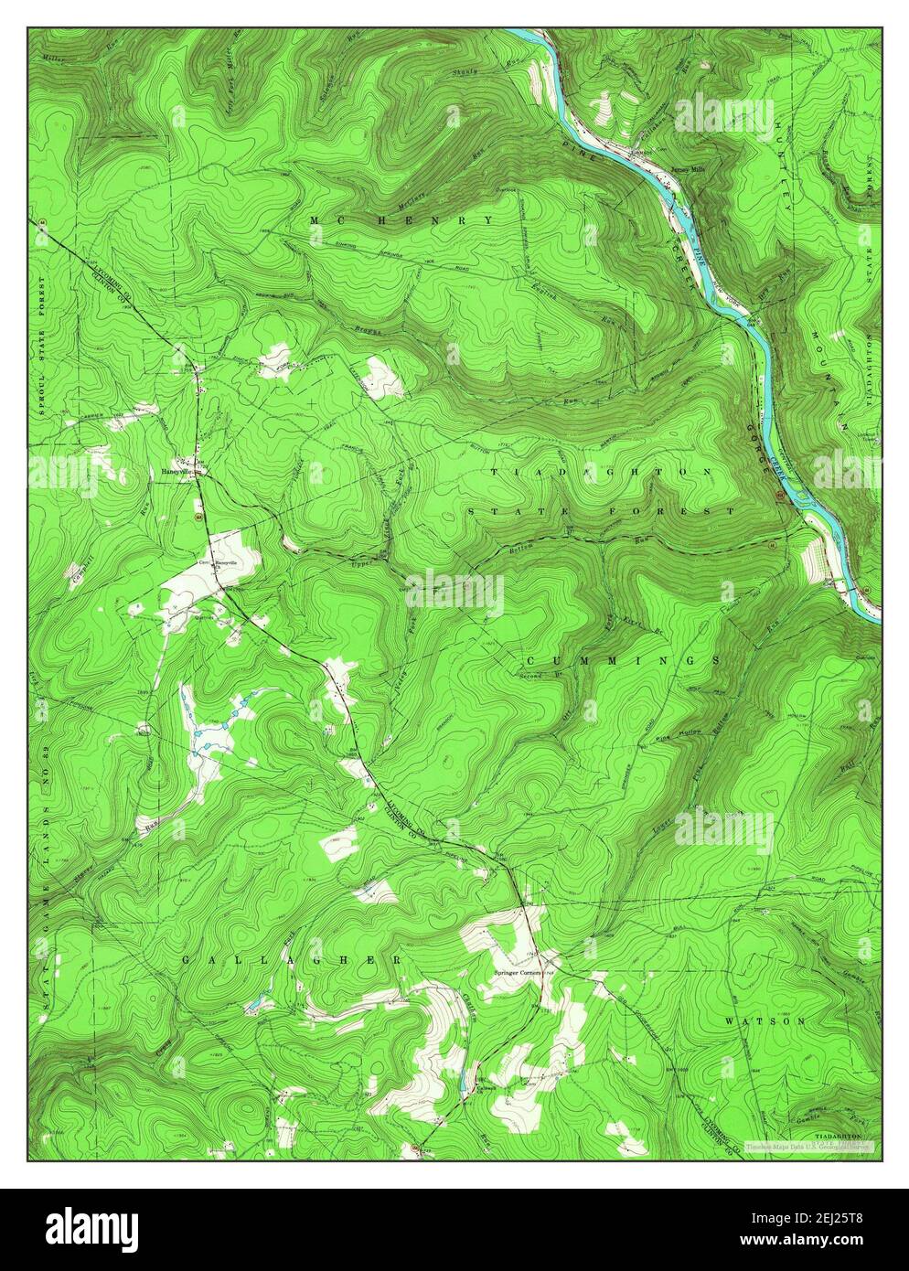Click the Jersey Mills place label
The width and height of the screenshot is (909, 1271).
tap(684, 169)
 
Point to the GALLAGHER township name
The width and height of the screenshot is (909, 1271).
tap(291, 960)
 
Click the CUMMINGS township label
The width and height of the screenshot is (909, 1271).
tap(622, 660)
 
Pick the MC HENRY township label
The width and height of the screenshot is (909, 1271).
tap(401, 220)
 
